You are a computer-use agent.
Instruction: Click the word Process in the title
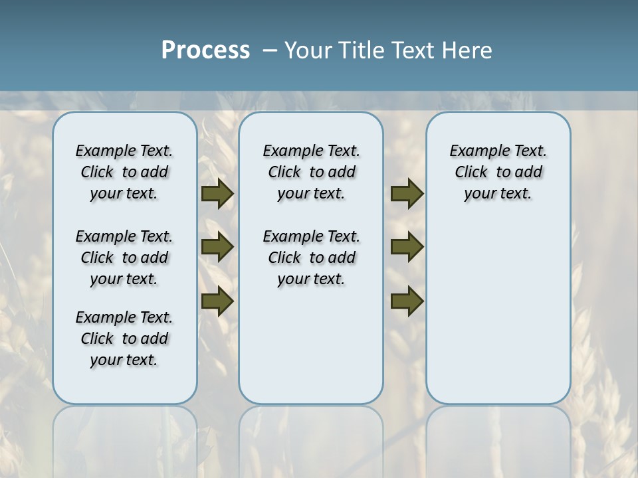coord(205,50)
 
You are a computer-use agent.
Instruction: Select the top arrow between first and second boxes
coord(217,194)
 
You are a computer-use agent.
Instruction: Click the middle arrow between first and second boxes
coord(217,247)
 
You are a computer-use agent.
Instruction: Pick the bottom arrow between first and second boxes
coord(217,301)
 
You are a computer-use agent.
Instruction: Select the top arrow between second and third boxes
coord(407,194)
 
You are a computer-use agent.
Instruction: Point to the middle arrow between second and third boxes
coord(407,247)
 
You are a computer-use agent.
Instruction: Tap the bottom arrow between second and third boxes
coord(407,301)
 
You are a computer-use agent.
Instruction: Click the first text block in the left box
coord(124,172)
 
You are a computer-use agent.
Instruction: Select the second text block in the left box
coord(124,258)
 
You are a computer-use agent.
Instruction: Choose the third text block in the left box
coord(124,339)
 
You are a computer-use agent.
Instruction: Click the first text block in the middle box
coord(311,172)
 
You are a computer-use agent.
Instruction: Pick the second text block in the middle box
coord(311,258)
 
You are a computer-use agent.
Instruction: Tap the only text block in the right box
coord(498,172)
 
